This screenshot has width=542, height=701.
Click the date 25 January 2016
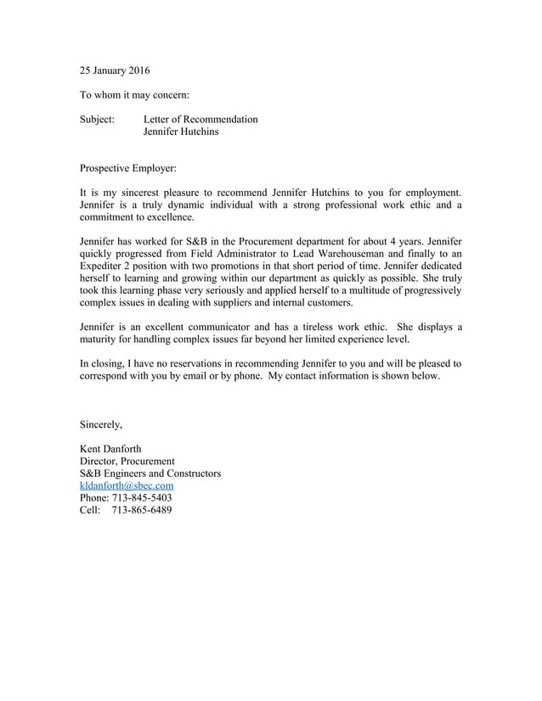point(115,70)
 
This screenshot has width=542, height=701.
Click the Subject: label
point(97,120)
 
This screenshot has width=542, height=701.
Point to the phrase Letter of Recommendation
point(200,120)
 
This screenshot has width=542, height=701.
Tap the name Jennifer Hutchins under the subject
point(181,132)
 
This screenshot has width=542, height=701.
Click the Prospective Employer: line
point(127,169)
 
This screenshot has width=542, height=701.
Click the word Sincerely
point(101,423)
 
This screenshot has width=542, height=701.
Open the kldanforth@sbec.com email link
point(127,485)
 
